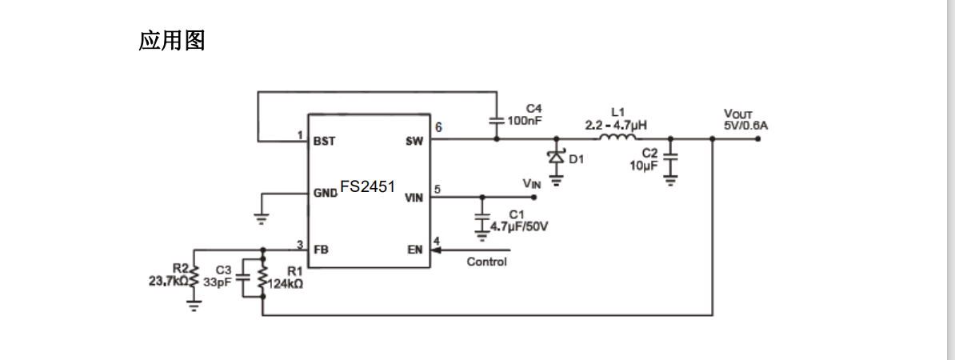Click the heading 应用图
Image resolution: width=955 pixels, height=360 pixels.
172,41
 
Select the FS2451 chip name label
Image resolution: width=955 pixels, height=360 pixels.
367,186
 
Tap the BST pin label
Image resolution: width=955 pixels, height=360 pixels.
324,142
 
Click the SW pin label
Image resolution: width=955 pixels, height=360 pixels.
414,142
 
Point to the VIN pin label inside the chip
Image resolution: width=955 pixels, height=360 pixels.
414,198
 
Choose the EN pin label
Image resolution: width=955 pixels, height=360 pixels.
414,250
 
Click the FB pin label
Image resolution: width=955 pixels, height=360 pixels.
322,250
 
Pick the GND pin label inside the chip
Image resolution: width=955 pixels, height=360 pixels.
326,194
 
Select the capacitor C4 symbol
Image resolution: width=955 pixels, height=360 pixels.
496,120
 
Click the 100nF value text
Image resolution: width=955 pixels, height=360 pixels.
525,120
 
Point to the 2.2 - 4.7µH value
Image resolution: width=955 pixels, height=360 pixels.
617,125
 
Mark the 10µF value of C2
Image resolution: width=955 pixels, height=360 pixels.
643,166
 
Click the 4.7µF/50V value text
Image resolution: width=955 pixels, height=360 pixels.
519,226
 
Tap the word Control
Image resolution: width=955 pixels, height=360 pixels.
486,262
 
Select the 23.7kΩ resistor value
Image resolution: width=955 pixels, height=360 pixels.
168,281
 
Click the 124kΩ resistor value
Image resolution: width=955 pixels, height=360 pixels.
284,282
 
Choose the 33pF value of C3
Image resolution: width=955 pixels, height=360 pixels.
217,282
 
